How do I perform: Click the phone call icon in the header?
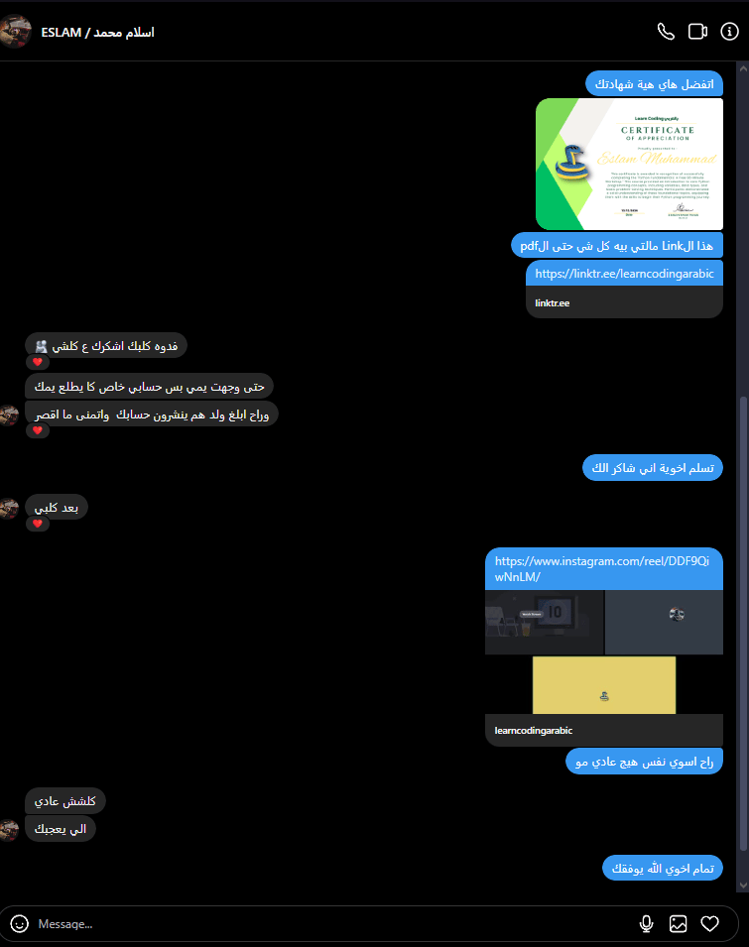coord(666,32)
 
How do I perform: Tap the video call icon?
coord(697,32)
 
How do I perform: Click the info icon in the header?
coord(730,32)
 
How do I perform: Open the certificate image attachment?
coord(629,164)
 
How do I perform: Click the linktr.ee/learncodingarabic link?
coord(624,273)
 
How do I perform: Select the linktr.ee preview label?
coord(553,303)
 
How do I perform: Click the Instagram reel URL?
coord(602,568)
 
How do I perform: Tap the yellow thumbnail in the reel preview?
coord(603,685)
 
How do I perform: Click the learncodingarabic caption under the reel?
coord(534,731)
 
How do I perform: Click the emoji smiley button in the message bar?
coord(20,923)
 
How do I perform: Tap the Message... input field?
coord(298,924)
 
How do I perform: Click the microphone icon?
coord(647,924)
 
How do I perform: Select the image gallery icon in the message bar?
coord(679,924)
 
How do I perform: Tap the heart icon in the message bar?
coord(710,924)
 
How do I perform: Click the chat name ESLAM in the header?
coord(97,32)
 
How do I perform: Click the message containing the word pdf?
coord(617,244)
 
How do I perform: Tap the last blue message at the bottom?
coord(662,869)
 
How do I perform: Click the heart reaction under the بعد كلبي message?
coord(38,524)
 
